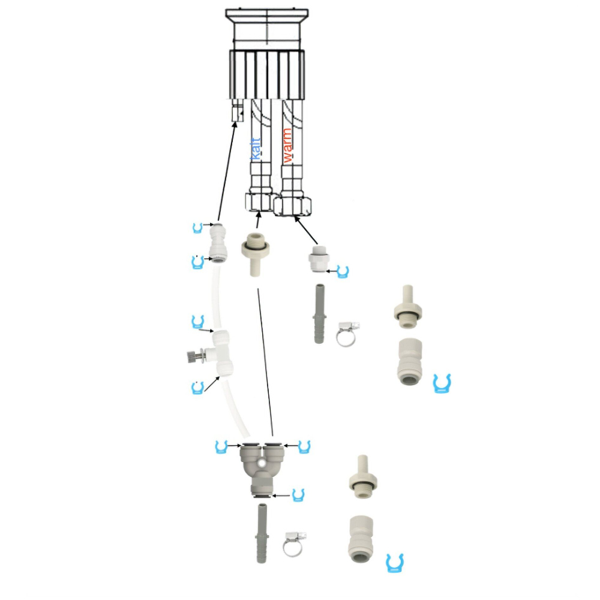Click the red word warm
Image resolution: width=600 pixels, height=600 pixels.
tap(287, 146)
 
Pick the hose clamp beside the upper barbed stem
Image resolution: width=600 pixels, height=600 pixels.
tap(347, 334)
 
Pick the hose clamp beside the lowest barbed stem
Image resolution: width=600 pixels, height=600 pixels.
tap(295, 543)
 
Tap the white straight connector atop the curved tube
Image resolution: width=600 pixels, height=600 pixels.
tap(217, 243)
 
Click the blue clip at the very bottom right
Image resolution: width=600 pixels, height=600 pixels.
tap(394, 562)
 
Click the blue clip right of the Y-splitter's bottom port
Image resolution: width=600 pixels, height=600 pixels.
tap(298, 495)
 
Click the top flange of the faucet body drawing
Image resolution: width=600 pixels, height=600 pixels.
tap(266, 14)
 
